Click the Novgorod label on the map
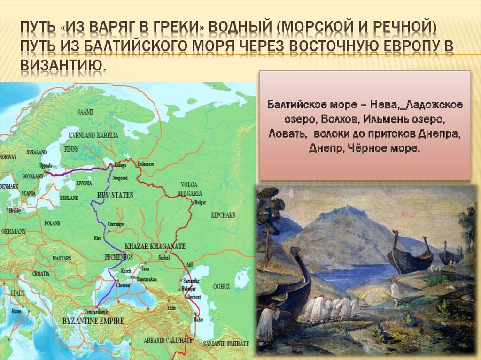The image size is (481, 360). tap(120, 178)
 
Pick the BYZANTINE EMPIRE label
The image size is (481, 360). tap(93, 321)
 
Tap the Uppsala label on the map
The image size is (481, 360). tap(46, 166)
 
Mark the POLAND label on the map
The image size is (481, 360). tap(52, 223)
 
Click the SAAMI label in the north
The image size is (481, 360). tap(86, 112)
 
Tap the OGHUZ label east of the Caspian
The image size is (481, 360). tap(221, 286)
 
